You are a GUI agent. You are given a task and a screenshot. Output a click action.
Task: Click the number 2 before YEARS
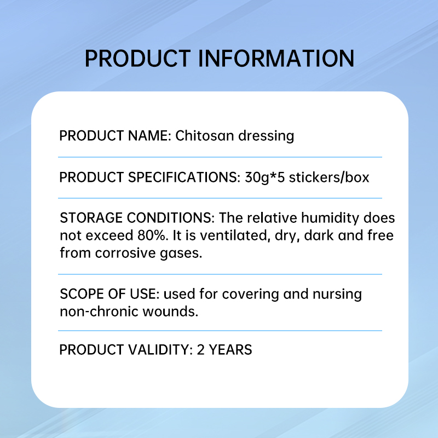coord(201,349)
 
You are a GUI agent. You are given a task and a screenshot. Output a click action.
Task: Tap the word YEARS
coord(230,349)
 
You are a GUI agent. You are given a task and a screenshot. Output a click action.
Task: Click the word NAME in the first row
coord(150,136)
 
